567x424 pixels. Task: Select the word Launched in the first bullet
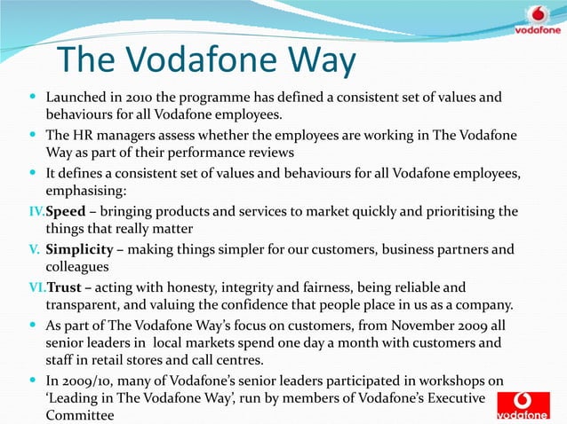(76, 97)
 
